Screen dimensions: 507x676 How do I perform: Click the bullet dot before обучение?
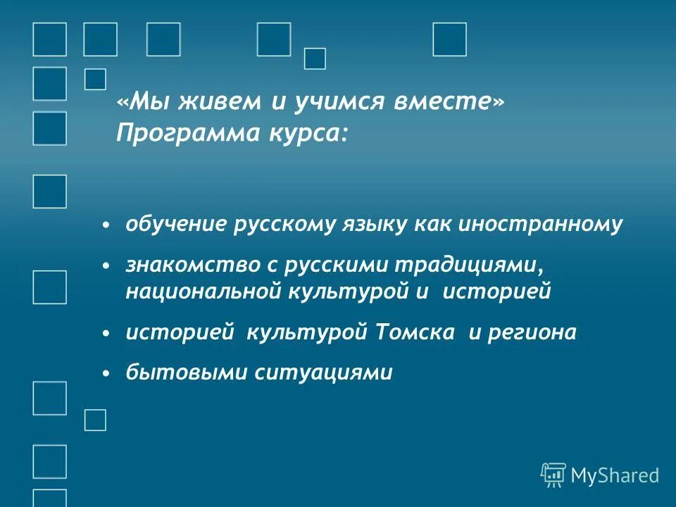pyautogui.click(x=106, y=225)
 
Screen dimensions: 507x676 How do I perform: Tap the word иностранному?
pyautogui.click(x=541, y=225)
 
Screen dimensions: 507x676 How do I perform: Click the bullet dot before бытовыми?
pyautogui.click(x=106, y=374)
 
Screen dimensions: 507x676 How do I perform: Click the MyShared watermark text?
pyautogui.click(x=615, y=475)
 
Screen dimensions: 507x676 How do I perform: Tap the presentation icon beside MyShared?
pyautogui.click(x=553, y=475)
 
